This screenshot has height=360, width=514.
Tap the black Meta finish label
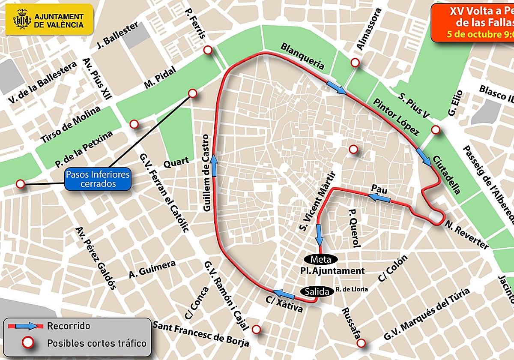point(320,259)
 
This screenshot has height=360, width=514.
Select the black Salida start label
point(319,291)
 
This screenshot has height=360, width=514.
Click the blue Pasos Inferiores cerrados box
point(98,179)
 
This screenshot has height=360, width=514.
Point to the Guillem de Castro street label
point(207,173)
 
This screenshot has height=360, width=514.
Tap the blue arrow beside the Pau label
point(379,197)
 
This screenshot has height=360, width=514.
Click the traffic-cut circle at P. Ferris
point(208,50)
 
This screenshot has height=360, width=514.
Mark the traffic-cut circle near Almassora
point(355,63)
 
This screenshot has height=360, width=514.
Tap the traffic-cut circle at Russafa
point(361,343)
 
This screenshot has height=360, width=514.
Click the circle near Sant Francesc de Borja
point(256,329)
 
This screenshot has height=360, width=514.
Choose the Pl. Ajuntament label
point(332,271)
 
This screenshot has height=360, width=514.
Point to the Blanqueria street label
point(302,56)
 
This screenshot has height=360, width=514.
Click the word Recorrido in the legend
point(69,326)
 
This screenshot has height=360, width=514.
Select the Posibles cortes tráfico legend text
point(96,343)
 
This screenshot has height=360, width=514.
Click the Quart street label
point(176,162)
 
